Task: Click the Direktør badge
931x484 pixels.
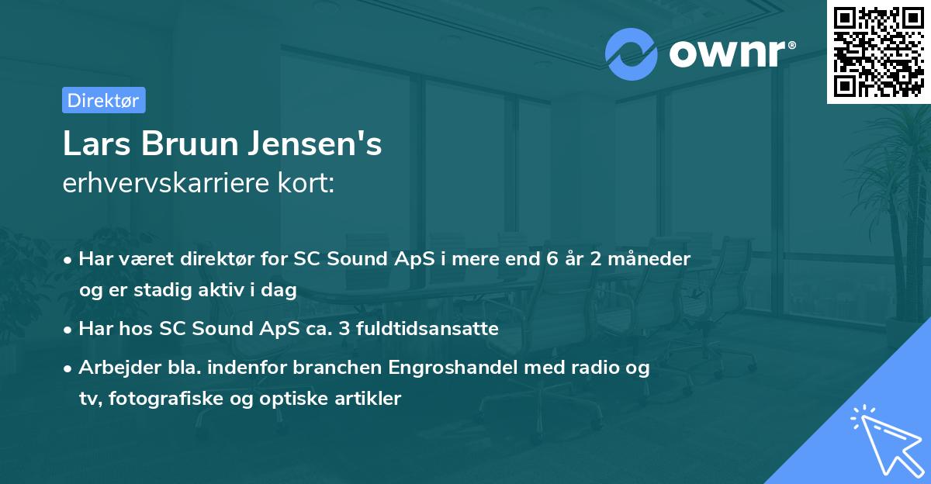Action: [103, 100]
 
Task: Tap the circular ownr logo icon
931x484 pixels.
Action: [632, 54]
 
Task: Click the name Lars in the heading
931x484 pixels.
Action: [97, 145]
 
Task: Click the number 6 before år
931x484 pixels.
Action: [551, 258]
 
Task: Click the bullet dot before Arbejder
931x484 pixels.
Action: [69, 368]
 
